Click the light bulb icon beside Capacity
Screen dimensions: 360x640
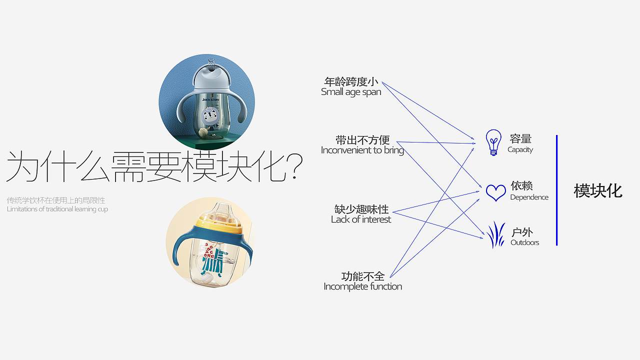coord(493,142)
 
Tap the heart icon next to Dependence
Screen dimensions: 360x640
coord(495,192)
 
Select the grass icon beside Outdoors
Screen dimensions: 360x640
coord(495,235)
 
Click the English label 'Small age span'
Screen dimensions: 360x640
coord(351,92)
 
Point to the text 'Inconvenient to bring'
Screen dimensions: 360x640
coord(362,150)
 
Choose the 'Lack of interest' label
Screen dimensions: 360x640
coord(361,219)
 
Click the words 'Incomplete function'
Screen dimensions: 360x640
coord(362,286)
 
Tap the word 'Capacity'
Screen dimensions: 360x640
coord(520,149)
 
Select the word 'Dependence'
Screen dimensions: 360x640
coord(529,197)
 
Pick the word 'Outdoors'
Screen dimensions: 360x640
coord(524,242)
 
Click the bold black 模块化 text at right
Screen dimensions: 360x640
coord(598,191)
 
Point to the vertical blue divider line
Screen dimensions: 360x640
coord(556,190)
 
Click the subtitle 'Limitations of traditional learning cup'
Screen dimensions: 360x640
coord(57,209)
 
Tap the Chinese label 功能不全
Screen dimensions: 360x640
coord(363,276)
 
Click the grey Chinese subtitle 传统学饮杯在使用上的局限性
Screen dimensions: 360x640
coord(56,200)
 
